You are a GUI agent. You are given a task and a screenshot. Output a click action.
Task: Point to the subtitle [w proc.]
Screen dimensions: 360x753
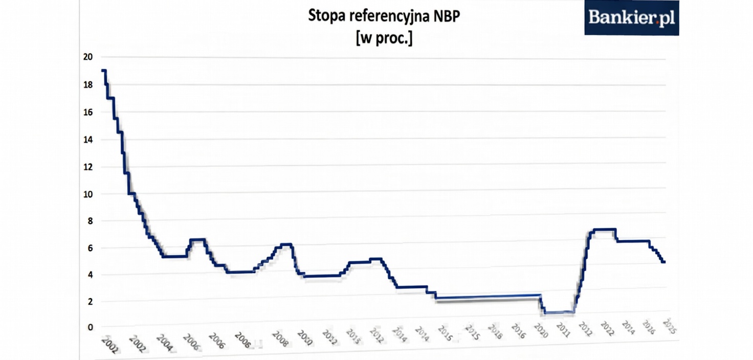coord(384,38)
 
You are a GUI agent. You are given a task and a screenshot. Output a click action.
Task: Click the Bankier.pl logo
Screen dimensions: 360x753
coord(631,17)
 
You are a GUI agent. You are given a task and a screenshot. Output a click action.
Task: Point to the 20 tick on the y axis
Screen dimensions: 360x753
coord(88,57)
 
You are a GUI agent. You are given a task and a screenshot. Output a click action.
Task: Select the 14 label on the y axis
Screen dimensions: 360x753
coord(88,139)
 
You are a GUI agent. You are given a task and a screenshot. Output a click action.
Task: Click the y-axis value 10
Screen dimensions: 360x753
coord(88,194)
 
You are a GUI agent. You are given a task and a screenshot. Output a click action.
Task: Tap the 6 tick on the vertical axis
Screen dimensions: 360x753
coord(90,248)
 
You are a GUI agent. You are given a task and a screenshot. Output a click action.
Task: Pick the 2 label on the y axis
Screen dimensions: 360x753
coord(90,301)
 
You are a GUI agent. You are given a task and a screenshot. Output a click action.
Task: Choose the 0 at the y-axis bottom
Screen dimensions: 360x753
coord(90,327)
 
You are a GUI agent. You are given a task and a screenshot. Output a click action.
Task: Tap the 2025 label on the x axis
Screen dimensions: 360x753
coord(670,326)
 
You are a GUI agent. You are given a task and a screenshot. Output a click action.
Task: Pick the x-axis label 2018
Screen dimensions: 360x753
coord(494,332)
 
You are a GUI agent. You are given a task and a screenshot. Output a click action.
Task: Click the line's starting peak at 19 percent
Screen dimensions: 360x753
coord(103,71)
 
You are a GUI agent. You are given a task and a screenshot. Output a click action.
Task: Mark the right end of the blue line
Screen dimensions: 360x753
coord(665,262)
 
